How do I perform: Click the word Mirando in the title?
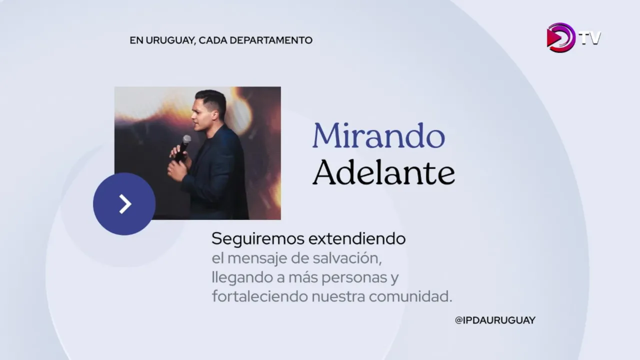[379, 135]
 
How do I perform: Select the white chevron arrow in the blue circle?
[125, 204]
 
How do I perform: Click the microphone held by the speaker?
[183, 147]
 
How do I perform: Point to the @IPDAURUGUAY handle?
[495, 320]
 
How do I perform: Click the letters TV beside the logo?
[590, 38]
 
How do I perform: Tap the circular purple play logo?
[560, 37]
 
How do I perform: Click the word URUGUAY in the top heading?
[171, 40]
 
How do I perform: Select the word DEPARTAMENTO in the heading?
[271, 40]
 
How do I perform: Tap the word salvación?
[347, 258]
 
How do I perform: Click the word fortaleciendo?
[259, 296]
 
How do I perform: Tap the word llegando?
[242, 277]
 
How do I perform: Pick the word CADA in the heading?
[212, 40]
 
